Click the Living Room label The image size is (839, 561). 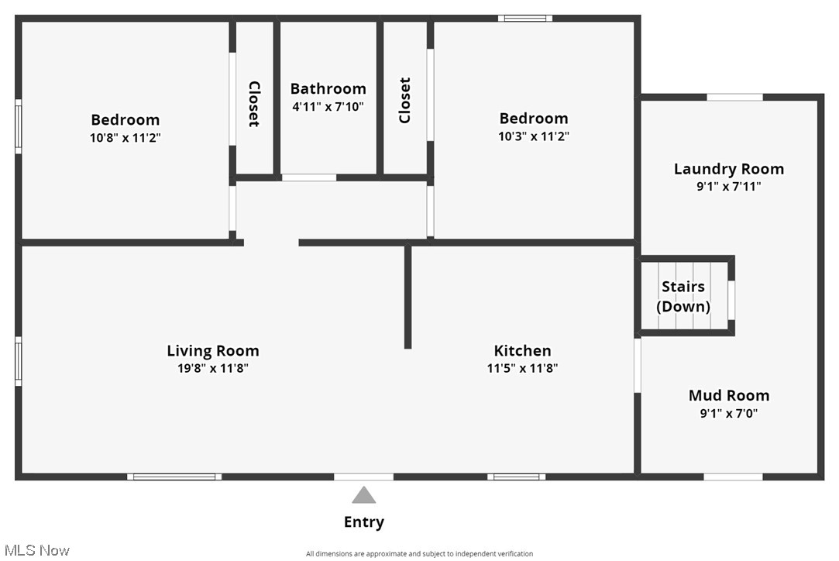tap(213, 351)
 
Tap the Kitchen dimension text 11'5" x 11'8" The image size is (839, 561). tap(522, 369)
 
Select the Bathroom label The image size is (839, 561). tap(328, 88)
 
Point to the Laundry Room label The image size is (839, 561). tap(728, 169)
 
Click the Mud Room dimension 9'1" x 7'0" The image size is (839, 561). tap(728, 414)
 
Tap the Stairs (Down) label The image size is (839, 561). tap(683, 297)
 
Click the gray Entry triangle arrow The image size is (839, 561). tap(363, 495)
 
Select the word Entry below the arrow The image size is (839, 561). tap(363, 522)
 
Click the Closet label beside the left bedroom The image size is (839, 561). tap(253, 104)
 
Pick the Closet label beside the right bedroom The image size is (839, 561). tap(404, 100)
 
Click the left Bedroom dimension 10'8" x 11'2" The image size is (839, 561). tap(126, 138)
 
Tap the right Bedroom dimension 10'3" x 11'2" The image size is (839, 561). tap(534, 136)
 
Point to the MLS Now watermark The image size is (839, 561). tap(36, 550)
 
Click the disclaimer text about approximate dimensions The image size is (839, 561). tap(419, 554)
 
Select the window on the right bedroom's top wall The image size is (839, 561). tap(525, 18)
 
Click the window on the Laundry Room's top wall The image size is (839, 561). tap(734, 97)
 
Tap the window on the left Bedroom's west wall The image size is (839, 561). tap(19, 126)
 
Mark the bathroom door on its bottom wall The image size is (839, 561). tap(308, 177)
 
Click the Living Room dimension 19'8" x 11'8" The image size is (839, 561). tap(213, 369)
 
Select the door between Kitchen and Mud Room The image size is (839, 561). tap(638, 364)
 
